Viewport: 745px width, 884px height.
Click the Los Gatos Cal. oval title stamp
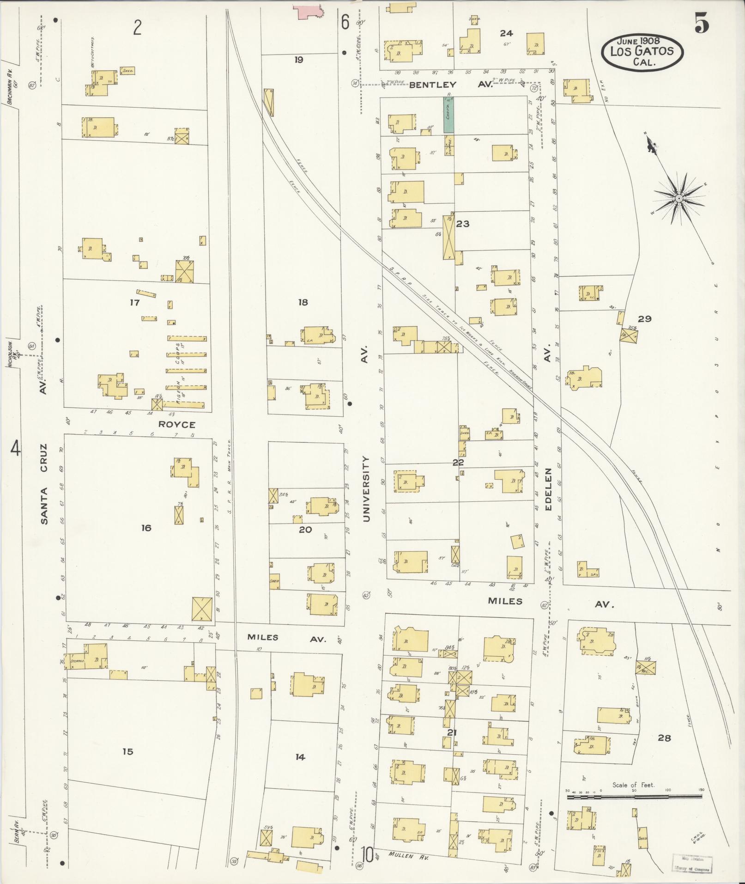(x=642, y=51)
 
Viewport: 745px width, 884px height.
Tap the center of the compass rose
(x=679, y=198)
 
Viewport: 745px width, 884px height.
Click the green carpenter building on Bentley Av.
(x=448, y=116)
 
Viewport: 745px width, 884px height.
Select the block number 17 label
(x=135, y=303)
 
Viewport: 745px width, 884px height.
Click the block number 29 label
(x=644, y=319)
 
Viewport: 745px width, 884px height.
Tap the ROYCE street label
(x=177, y=424)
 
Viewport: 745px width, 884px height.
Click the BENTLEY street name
(x=433, y=85)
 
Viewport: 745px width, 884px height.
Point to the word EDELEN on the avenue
(x=549, y=490)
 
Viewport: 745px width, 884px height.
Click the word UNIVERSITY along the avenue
(x=366, y=489)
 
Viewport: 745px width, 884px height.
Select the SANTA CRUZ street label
(x=44, y=484)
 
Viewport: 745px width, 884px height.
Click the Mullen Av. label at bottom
(x=409, y=855)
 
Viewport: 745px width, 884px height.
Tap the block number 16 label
(x=146, y=528)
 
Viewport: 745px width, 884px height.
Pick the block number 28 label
(x=664, y=738)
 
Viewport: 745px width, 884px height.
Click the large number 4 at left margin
(x=16, y=448)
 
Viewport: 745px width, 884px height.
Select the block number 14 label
(x=300, y=757)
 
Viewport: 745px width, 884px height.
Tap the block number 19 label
(x=299, y=60)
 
